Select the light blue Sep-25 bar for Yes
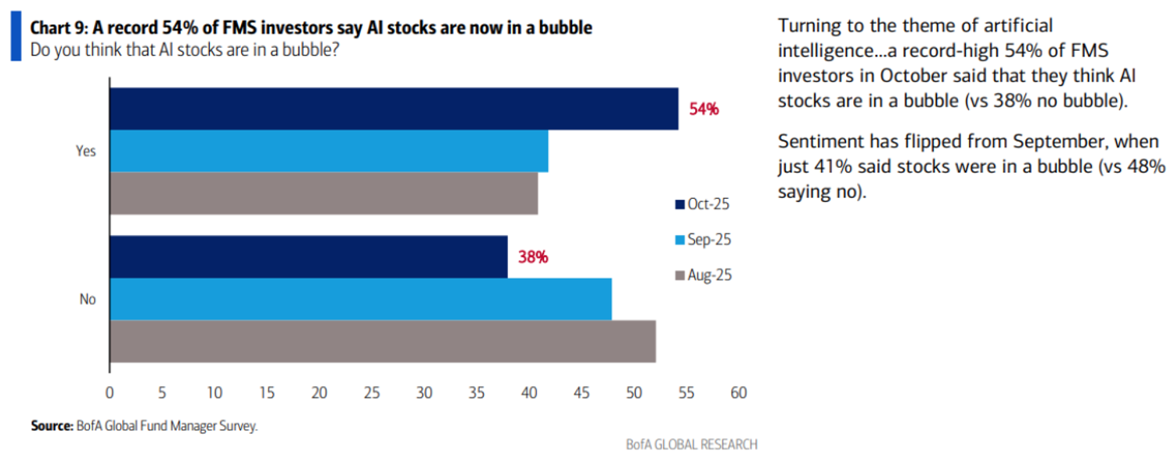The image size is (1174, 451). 329,151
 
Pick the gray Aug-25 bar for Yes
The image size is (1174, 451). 323,193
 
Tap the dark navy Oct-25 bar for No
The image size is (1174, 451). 308,257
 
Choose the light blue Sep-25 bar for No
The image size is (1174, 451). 360,299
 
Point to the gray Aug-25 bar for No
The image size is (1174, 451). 382,341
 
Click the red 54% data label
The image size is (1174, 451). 704,109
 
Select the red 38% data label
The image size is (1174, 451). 532,257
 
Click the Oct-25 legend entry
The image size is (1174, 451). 703,204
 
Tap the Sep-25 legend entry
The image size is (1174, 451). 703,240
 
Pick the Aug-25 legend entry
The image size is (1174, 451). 703,275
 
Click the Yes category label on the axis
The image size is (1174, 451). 86,151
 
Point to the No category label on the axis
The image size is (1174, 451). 88,299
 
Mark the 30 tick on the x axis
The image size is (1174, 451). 424,391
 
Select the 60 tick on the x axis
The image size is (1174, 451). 738,391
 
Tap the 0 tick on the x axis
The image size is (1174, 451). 110,391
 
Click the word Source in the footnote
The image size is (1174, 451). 51,426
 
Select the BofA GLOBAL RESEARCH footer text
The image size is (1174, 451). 692,444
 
